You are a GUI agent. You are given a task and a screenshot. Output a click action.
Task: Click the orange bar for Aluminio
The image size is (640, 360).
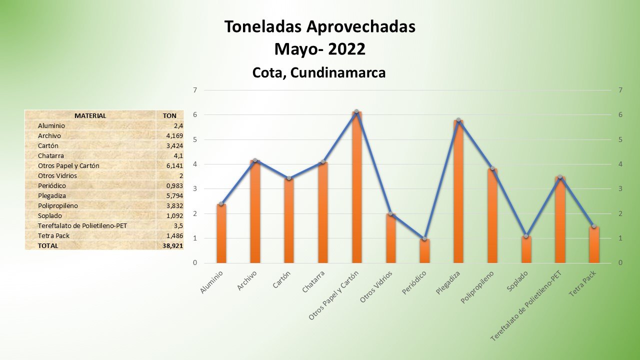tap(221, 233)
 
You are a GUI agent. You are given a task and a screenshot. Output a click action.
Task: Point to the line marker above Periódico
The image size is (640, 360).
tap(424, 239)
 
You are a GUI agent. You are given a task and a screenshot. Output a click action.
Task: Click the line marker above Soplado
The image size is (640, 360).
tap(526, 236)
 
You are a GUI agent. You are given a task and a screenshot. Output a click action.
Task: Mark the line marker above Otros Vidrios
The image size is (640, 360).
tap(390, 214)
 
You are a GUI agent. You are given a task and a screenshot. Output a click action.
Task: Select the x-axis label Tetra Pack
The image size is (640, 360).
tap(583, 283)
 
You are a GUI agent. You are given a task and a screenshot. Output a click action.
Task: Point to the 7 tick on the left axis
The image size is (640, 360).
tap(195, 90)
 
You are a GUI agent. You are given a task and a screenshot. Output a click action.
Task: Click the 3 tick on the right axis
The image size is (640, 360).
tap(620, 189)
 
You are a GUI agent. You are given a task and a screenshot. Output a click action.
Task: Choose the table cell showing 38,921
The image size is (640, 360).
tap(172, 246)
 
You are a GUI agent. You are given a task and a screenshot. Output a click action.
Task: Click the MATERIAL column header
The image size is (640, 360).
tap(90, 116)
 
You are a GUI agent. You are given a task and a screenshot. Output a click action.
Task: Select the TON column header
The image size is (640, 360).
tap(169, 116)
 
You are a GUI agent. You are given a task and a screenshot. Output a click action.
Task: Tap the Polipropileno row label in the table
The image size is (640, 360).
tap(58, 206)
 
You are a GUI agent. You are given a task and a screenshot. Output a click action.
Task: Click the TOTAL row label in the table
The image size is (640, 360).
tap(48, 246)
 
